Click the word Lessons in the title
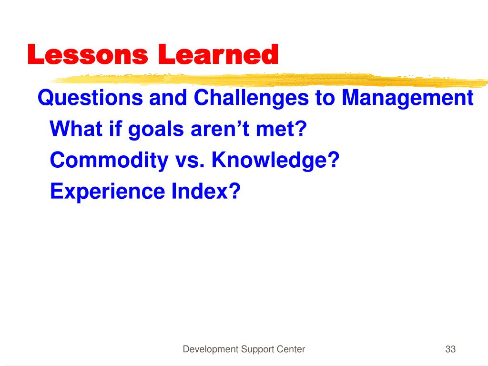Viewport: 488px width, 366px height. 88,54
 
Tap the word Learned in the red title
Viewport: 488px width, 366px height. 218,54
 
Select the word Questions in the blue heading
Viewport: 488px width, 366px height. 90,98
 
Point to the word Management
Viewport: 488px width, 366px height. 407,98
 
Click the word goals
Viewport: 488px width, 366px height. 156,129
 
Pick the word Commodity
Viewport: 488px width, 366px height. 109,161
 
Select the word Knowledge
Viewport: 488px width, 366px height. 271,161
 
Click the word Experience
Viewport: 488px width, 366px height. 107,192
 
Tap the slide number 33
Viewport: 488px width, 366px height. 450,349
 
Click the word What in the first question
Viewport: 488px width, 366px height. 76,129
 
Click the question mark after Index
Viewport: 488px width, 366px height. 235,191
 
